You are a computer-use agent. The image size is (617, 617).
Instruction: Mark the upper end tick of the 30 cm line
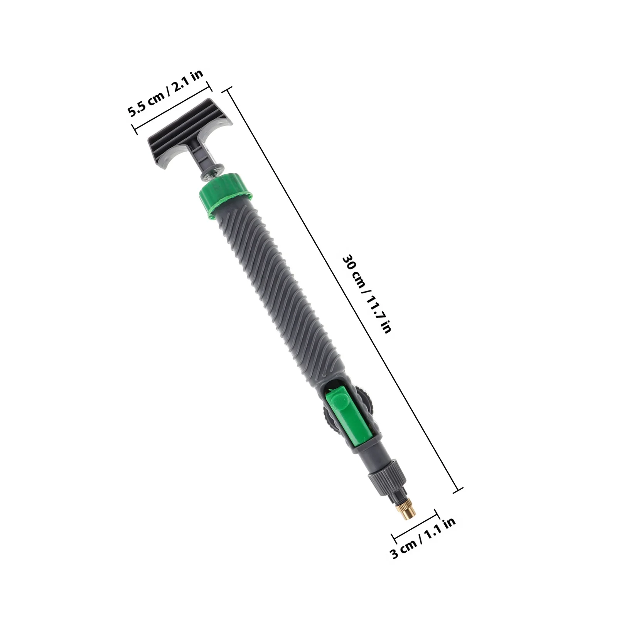[x=227, y=89]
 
